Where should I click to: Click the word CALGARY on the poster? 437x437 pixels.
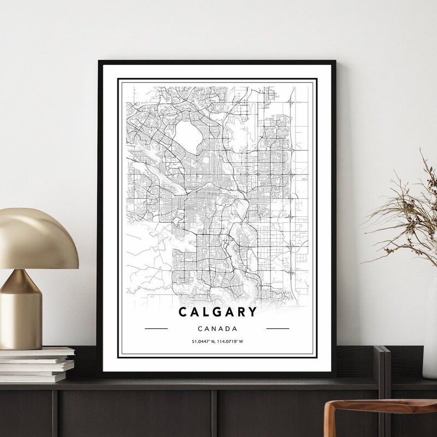click(217, 312)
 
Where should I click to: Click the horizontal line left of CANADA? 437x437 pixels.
click(156, 329)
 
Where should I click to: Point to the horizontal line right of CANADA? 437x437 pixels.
click(277, 329)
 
